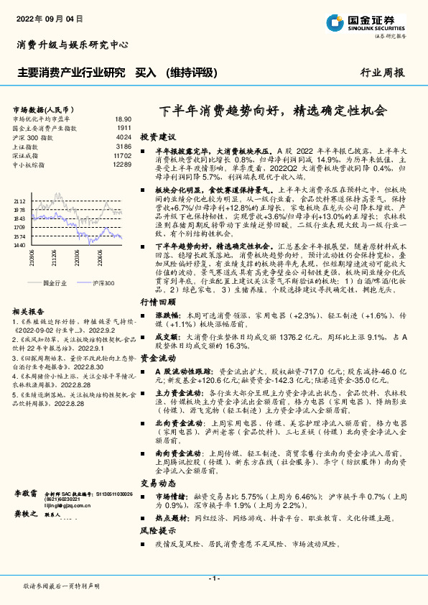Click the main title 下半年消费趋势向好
click(271, 111)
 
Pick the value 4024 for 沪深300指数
click(124, 136)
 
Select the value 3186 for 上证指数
click(124, 145)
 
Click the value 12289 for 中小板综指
click(122, 164)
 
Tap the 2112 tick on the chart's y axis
click(19, 202)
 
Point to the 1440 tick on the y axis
click(19, 245)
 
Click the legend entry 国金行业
click(55, 284)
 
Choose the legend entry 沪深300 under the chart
click(103, 284)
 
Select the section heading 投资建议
click(158, 135)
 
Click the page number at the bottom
click(213, 578)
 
